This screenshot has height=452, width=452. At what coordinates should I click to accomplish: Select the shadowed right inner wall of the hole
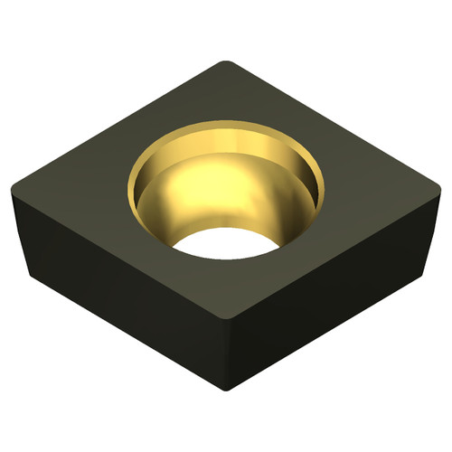tap(303, 194)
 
